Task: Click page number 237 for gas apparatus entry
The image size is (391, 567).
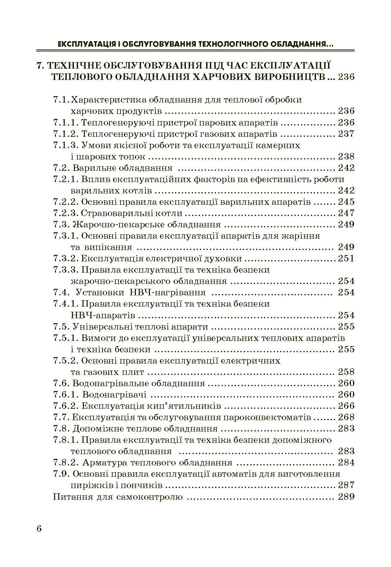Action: [x=346, y=134]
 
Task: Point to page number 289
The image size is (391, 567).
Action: [x=346, y=497]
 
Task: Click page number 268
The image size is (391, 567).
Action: [x=346, y=417]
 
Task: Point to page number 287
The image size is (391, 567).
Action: [x=346, y=485]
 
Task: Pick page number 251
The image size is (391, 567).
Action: [x=346, y=259]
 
